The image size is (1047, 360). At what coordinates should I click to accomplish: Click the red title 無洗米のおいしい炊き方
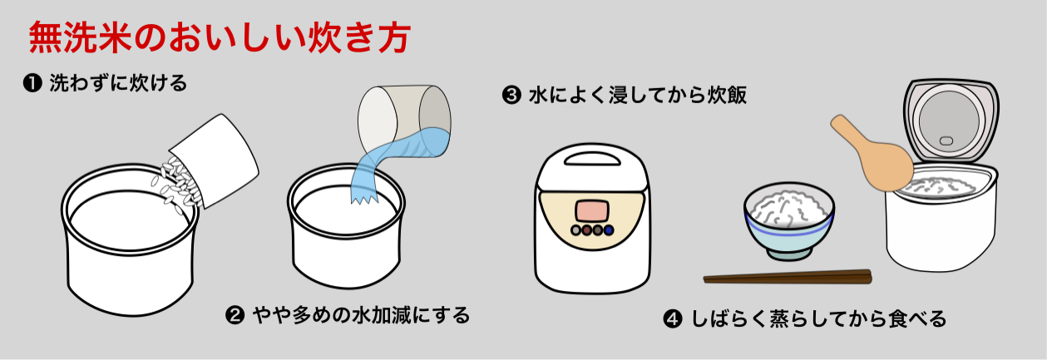(220, 37)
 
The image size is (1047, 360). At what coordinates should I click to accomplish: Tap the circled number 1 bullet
(32, 83)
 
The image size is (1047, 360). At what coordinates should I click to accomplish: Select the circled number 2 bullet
(235, 315)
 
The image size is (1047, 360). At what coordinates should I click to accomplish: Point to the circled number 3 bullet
(511, 95)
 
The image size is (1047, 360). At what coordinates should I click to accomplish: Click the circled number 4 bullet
(673, 319)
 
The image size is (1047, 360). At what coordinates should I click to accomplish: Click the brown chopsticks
(788, 277)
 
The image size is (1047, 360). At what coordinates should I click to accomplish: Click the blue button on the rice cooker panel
(609, 230)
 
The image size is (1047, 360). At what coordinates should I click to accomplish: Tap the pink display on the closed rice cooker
(592, 211)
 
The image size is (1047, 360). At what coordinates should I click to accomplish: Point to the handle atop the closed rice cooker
(592, 159)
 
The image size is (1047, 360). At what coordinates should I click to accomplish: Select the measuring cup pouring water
(405, 121)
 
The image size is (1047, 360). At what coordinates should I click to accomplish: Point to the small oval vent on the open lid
(946, 141)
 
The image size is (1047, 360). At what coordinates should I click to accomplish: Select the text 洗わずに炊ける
(118, 83)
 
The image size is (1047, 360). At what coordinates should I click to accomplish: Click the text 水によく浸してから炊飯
(638, 95)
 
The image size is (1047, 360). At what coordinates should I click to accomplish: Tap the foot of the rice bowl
(788, 254)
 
